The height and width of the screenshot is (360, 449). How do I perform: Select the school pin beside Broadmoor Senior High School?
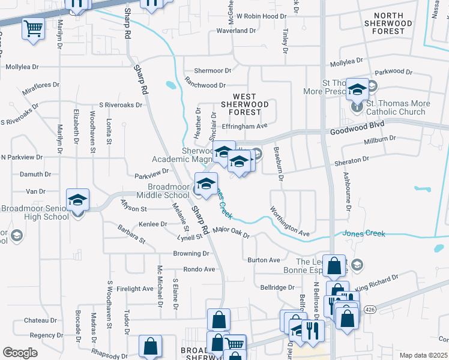78,200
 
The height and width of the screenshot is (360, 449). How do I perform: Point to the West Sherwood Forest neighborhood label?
244,104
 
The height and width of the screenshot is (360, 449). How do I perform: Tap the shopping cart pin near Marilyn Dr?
33,28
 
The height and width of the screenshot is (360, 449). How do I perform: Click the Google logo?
19,352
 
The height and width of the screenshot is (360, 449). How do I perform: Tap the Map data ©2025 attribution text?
423,355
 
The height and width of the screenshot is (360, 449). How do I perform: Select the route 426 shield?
370,309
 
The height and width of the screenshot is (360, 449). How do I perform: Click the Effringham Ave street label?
244,126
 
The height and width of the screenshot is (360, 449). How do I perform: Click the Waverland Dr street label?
236,30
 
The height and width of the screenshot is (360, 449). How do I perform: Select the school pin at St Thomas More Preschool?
357,90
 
